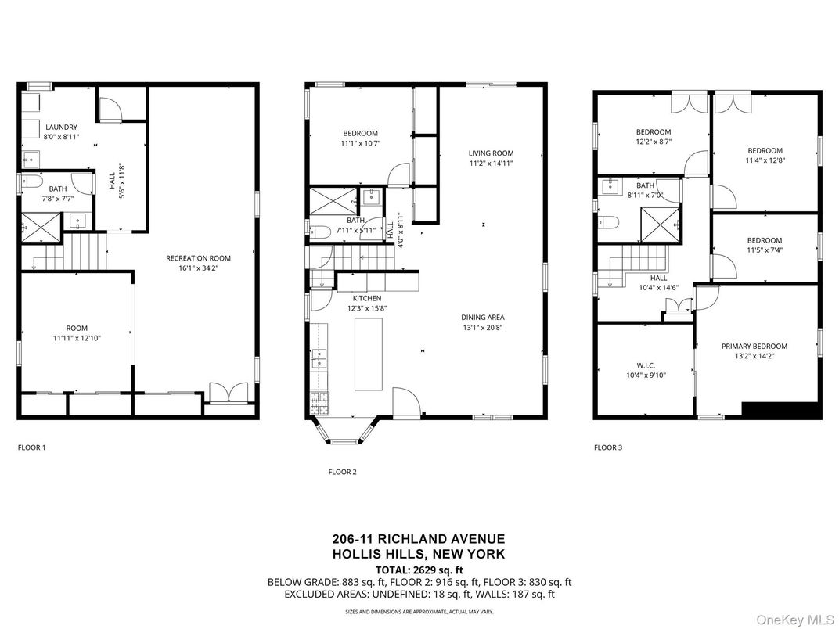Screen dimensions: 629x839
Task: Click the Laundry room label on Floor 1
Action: click(x=61, y=128)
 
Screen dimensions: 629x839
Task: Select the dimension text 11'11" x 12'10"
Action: click(x=77, y=339)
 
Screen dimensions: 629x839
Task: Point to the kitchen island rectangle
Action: click(x=368, y=354)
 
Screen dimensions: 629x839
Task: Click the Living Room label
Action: click(x=491, y=153)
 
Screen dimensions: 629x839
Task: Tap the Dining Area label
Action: click(x=482, y=318)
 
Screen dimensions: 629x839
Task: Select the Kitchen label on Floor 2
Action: click(x=366, y=298)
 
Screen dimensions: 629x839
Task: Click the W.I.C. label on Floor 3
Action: click(x=646, y=365)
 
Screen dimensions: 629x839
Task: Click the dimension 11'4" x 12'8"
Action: click(x=765, y=160)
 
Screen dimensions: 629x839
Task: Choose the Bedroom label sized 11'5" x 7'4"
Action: click(x=764, y=240)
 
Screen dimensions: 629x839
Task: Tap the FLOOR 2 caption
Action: click(x=342, y=472)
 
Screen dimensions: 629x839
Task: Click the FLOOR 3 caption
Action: click(x=608, y=447)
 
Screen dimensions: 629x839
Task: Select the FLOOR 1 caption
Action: click(x=32, y=447)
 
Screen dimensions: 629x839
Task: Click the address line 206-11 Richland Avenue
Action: click(x=419, y=539)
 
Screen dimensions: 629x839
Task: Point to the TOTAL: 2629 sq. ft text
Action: click(x=419, y=570)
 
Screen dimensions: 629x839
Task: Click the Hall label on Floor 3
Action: click(x=658, y=278)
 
